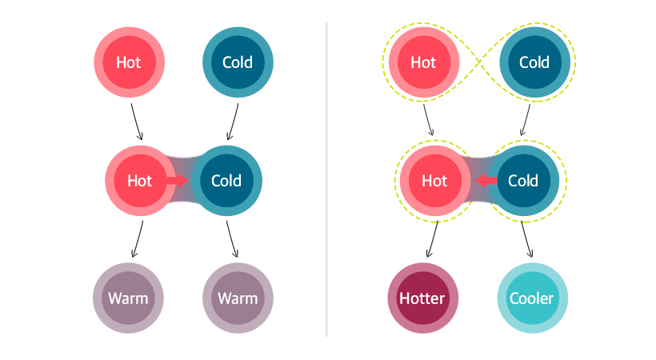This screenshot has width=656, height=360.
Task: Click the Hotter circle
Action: (422, 298)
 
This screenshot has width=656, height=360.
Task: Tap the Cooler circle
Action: (532, 298)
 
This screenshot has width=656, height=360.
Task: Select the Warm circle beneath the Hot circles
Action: (129, 298)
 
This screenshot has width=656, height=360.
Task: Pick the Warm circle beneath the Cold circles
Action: (238, 298)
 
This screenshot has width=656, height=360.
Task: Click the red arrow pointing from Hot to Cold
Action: (178, 181)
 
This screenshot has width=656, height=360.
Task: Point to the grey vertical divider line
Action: (327, 179)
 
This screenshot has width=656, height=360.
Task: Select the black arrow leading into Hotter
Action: (433, 239)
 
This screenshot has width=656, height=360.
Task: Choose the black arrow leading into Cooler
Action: (527, 239)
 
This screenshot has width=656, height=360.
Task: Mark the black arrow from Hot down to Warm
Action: (138, 239)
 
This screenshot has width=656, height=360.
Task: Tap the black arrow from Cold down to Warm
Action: (233, 239)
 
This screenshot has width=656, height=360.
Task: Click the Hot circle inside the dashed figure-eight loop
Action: (423, 62)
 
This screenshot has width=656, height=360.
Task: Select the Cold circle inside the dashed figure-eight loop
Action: (534, 62)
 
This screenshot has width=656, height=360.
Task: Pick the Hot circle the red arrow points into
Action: (434, 181)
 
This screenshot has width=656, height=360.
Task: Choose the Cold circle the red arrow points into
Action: (226, 181)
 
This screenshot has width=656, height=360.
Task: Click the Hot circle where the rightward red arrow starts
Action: (139, 181)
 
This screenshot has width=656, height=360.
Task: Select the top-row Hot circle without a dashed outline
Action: (129, 62)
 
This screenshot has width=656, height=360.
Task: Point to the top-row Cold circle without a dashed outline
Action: (238, 62)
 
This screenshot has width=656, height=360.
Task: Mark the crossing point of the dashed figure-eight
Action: (478, 62)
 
